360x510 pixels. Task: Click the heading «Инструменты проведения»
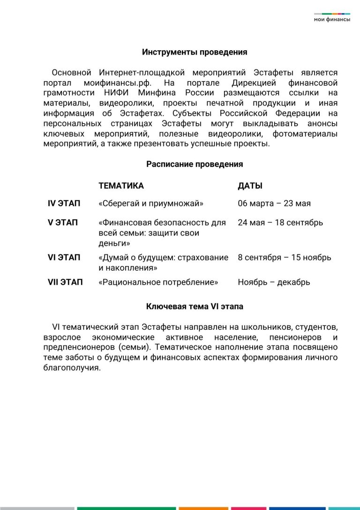point(195,52)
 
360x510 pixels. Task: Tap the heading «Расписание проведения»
point(195,164)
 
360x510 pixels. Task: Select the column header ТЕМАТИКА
point(121,186)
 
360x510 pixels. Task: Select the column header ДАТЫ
point(250,186)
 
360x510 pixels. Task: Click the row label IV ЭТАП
point(64,204)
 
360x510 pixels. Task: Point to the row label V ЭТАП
point(63,222)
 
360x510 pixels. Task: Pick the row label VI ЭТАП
point(64,258)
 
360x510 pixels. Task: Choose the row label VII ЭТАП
point(65,282)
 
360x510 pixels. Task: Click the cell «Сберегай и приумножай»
point(151,204)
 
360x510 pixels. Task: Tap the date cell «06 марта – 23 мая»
point(274,204)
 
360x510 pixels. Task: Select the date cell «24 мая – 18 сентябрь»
point(280,222)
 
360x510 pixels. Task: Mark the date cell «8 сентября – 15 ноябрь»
point(284,258)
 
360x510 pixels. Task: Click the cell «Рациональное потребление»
point(158,282)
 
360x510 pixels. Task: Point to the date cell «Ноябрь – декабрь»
point(274,282)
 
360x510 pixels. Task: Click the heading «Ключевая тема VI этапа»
point(195,307)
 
